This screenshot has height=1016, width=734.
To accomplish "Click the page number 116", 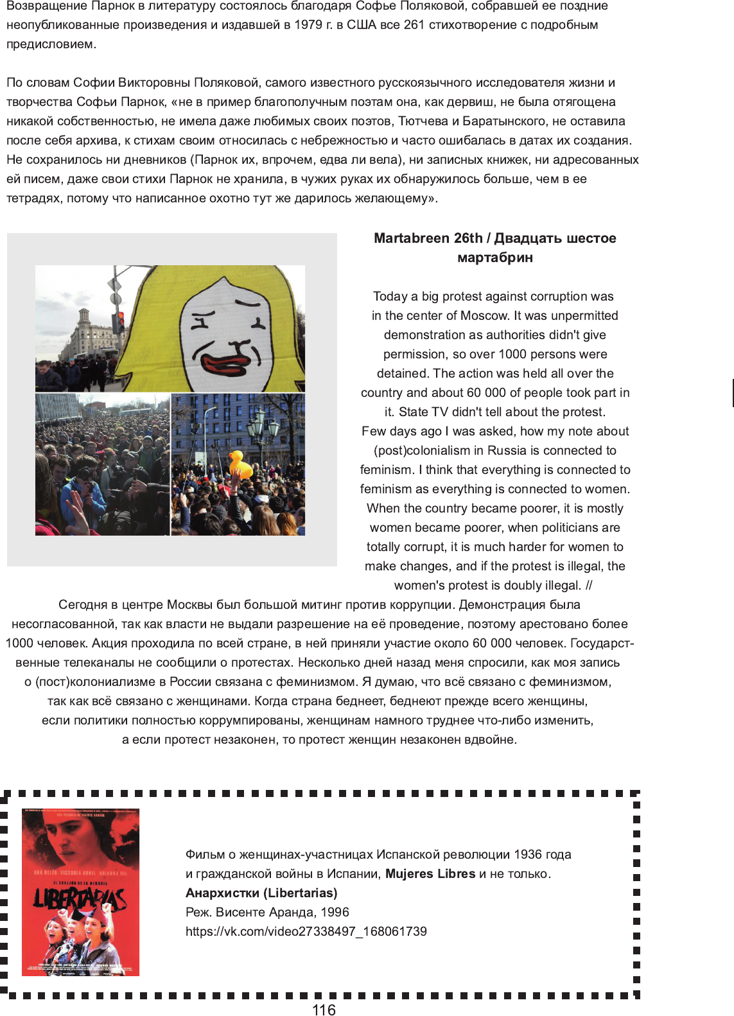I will pyautogui.click(x=324, y=1010).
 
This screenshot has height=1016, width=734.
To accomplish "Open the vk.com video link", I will pyautogui.click(x=306, y=931).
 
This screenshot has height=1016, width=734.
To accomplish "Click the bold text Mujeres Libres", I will pyautogui.click(x=430, y=873).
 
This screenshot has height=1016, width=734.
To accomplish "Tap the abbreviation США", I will pyautogui.click(x=362, y=25).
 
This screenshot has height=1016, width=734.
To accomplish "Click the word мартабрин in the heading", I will pyautogui.click(x=494, y=258).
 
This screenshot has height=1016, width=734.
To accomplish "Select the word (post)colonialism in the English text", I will pyautogui.click(x=415, y=450).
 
